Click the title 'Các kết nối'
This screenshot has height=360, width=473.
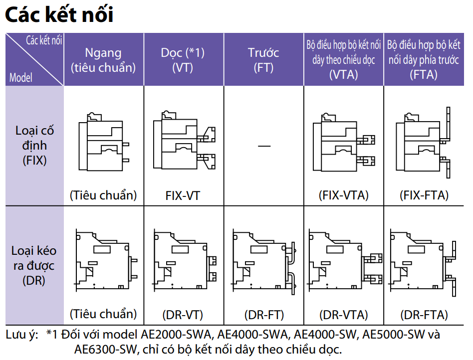point(59,15)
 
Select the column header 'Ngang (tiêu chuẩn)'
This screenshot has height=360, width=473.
point(103,60)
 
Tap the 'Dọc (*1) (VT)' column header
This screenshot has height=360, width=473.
point(183,60)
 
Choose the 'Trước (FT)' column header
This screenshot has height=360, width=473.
point(263,60)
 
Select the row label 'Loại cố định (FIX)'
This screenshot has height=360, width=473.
point(34,145)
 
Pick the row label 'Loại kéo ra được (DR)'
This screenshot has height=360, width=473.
point(34,265)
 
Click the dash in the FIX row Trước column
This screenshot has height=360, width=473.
point(264,146)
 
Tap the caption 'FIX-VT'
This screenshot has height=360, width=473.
point(183,195)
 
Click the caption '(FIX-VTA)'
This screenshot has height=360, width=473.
point(343,195)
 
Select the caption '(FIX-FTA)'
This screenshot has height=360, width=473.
point(424,195)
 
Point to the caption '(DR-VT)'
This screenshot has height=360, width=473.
point(183,315)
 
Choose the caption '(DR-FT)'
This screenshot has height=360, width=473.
point(264,315)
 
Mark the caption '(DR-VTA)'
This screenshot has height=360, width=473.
point(343,315)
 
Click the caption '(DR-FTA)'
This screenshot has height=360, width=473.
point(424,315)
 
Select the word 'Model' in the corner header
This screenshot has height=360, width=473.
point(21,78)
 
